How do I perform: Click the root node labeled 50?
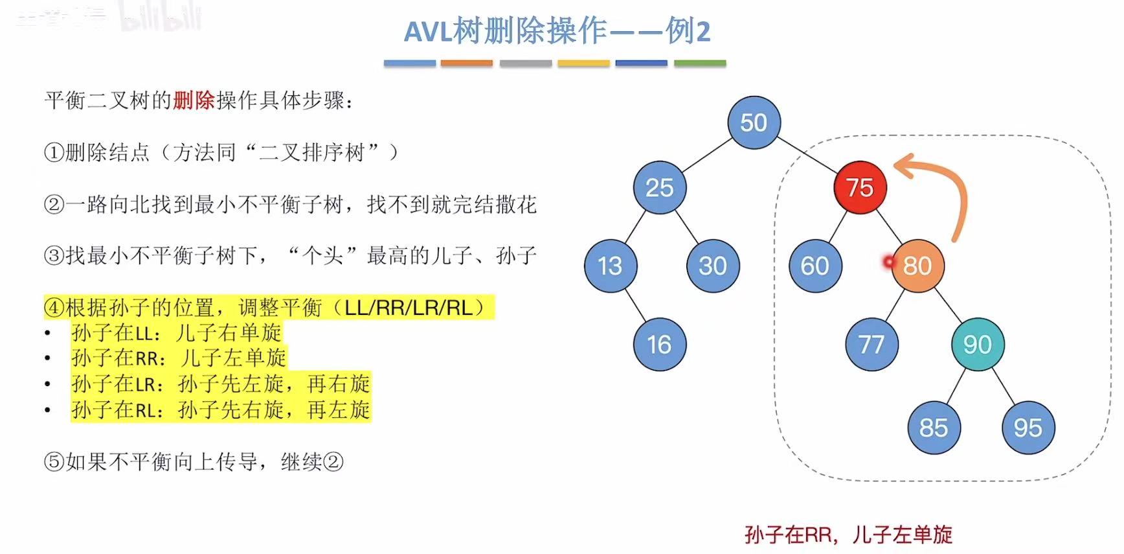754,122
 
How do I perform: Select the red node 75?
860,187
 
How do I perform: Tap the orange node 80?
917,266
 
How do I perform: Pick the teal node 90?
978,344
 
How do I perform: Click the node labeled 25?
660,187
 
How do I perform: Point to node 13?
610,266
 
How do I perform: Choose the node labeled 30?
713,266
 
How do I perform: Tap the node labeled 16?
660,344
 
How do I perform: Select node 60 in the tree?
815,266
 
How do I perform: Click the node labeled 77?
871,344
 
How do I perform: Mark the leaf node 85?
934,428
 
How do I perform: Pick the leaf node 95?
1028,428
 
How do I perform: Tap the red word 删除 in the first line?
194,100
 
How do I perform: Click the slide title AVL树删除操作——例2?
557,31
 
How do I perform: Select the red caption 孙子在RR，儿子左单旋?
848,535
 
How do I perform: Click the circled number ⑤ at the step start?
54,462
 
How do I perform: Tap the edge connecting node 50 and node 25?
707,155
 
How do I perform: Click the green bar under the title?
700,63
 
